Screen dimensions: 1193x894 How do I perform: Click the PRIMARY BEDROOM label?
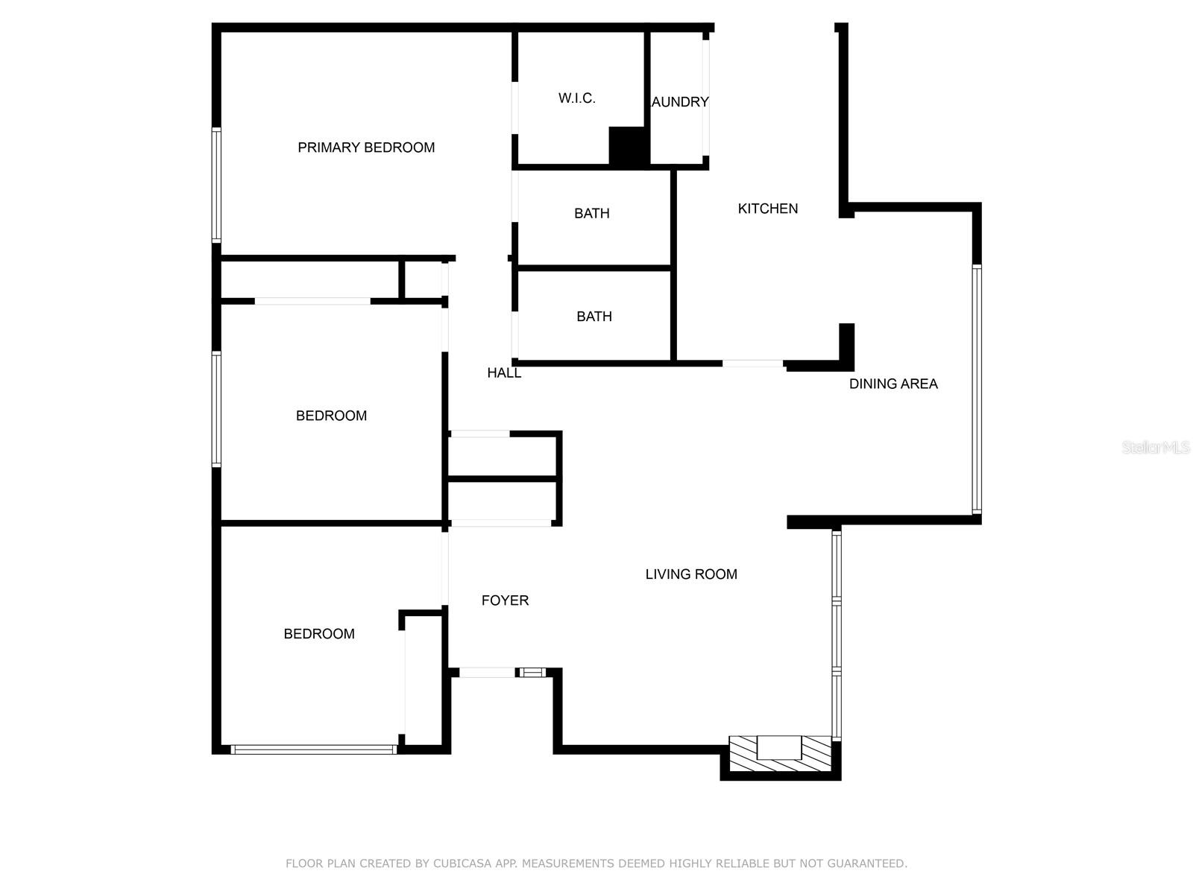(366, 148)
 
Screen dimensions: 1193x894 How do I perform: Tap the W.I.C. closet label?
(576, 98)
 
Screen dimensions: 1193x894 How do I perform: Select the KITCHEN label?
(767, 209)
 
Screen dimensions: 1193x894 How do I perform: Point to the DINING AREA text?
(893, 384)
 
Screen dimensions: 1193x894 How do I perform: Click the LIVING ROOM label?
(690, 574)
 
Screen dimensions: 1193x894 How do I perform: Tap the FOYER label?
(504, 600)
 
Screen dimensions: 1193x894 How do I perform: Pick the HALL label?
(504, 373)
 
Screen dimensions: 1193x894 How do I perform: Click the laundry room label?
(680, 101)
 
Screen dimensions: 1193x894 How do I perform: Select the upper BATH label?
(591, 213)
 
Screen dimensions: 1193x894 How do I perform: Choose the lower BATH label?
(594, 317)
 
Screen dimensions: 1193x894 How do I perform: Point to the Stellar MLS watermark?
(1156, 447)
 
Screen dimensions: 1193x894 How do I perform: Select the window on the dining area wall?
(977, 389)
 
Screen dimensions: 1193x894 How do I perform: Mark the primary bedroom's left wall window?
(216, 185)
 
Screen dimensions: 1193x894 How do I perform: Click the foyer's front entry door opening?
(487, 673)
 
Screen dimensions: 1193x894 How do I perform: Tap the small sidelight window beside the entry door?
(532, 673)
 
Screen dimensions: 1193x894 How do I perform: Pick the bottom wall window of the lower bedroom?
(314, 749)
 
